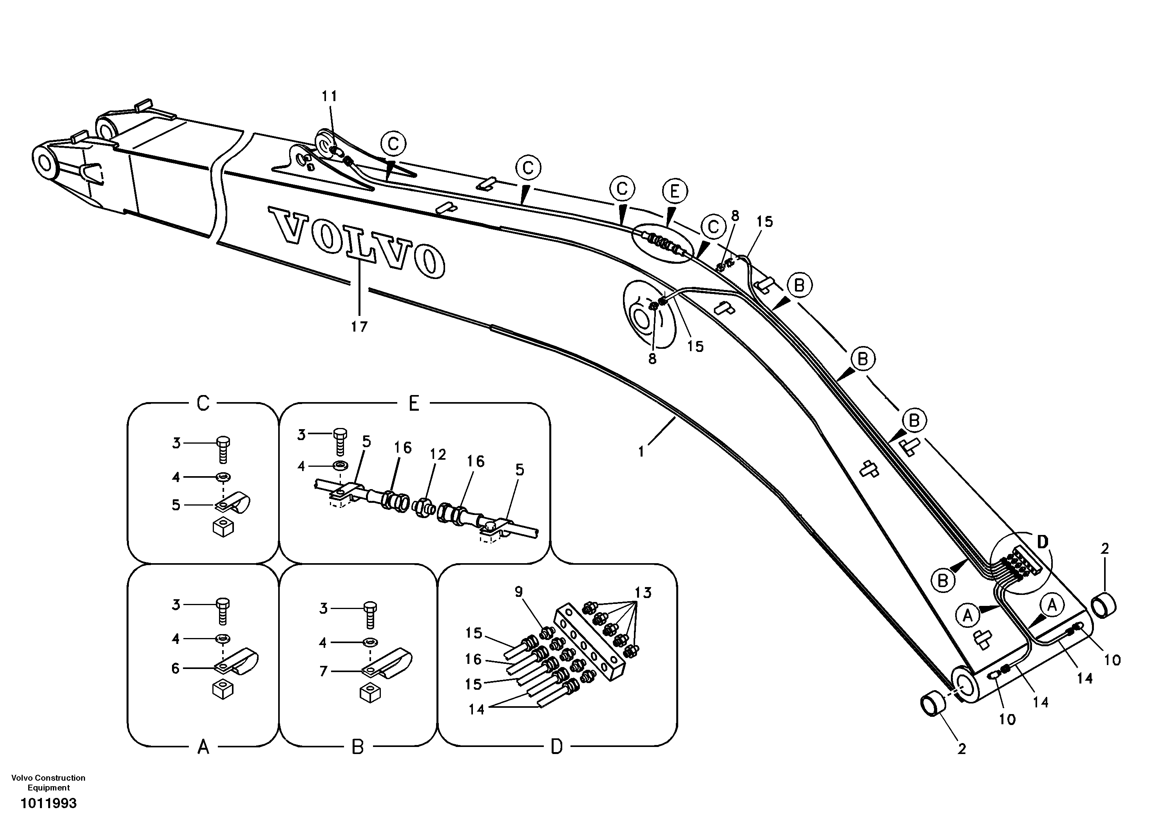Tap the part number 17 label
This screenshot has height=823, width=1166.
tap(359, 327)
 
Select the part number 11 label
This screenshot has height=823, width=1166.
tap(329, 96)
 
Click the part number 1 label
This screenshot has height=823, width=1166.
tap(641, 451)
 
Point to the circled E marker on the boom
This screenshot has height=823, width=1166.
tap(674, 192)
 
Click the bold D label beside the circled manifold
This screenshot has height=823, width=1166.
tap(1041, 542)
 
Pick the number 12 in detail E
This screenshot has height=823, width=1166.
tap(438, 454)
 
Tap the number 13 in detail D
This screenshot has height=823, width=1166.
tap(643, 592)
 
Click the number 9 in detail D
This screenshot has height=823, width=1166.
tap(518, 591)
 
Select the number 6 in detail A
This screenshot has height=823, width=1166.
tap(176, 668)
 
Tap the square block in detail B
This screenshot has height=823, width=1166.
tap(370, 693)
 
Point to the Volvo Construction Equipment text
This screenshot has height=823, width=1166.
tap(49, 782)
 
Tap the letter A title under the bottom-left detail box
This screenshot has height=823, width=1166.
tap(203, 747)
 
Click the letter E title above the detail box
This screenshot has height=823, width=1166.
tap(414, 404)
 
